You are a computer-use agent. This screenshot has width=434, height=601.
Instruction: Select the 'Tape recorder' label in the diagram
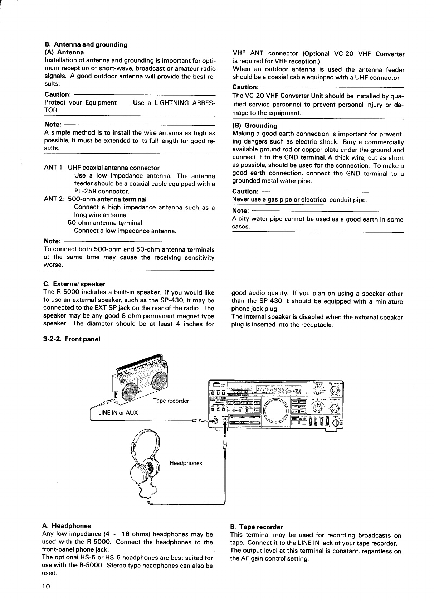[x=171, y=401]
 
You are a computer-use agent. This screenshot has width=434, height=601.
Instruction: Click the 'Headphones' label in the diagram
[x=186, y=463]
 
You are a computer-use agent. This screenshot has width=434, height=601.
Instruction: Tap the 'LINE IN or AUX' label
[x=118, y=412]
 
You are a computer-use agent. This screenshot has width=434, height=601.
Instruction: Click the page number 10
[x=46, y=586]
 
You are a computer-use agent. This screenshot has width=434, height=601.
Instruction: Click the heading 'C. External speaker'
[x=74, y=284]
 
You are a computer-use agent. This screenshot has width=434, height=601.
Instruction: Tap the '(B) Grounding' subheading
[x=255, y=126]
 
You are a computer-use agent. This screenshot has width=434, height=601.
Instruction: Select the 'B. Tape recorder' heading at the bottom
[x=257, y=527]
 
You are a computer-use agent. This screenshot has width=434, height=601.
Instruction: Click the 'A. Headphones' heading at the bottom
[x=66, y=526]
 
